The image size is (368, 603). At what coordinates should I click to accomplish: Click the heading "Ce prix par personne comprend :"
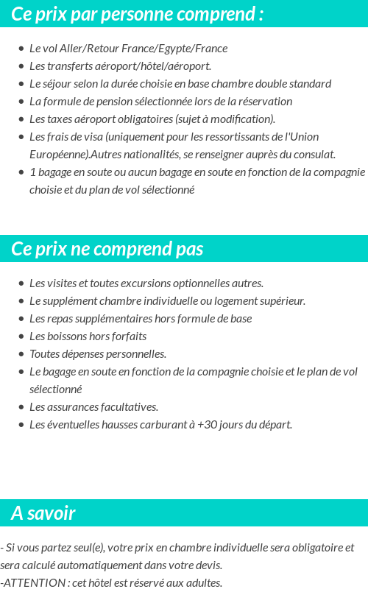[x=138, y=14]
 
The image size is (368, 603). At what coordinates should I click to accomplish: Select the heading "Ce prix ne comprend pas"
[x=107, y=249]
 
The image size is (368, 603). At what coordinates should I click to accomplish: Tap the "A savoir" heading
[x=43, y=513]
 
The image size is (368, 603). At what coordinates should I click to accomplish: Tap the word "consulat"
[x=314, y=155]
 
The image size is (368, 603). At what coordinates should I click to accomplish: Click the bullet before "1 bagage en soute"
[x=21, y=172]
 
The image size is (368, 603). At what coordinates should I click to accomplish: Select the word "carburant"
[x=166, y=425]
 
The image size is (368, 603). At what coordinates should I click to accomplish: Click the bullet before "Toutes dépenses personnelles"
[x=21, y=354]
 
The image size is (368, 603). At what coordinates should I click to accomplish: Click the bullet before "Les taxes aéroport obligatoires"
[x=21, y=119]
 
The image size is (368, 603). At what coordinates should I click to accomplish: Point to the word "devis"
[x=207, y=565]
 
